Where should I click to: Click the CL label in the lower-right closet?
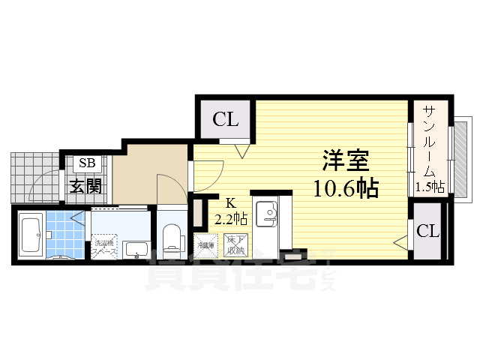(427, 232)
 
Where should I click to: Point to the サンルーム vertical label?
(429, 142)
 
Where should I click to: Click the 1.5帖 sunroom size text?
(429, 187)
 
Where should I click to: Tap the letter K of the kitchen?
(231, 202)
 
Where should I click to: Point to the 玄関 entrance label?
(86, 187)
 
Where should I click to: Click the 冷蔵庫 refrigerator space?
(205, 246)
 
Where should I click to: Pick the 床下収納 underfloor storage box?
(238, 245)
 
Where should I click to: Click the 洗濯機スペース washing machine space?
(103, 247)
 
